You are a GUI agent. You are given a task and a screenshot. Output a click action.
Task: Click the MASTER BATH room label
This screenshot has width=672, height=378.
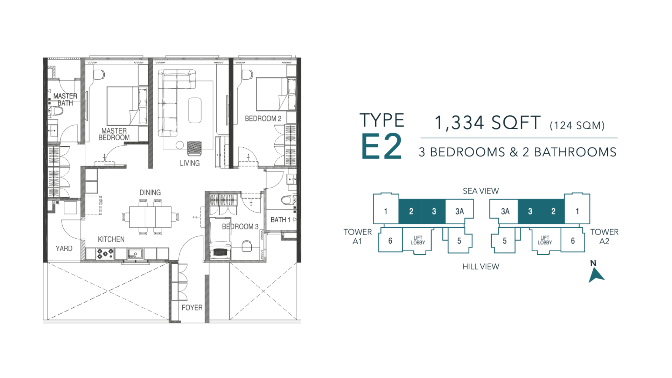click(65, 99)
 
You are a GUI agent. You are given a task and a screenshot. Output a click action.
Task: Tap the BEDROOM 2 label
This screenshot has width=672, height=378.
click(263, 119)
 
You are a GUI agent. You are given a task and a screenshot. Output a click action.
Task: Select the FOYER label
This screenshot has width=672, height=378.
click(192, 308)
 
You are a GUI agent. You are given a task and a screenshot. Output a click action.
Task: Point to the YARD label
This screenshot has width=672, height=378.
click(64, 248)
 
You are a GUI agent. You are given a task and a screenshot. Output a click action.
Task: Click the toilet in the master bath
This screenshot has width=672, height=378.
click(56, 111)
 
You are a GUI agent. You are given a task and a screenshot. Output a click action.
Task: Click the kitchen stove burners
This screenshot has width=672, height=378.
click(105, 254)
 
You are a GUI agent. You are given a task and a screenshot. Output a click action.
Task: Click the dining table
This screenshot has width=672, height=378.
click(150, 217)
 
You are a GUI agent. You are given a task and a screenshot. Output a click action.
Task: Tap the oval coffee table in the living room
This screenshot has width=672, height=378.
click(195, 110)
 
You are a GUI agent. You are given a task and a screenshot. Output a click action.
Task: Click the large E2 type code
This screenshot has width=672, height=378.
click(381, 147)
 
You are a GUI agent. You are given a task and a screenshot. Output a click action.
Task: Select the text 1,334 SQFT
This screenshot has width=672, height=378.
click(488, 123)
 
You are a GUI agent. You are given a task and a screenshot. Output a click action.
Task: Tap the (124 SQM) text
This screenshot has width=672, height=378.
click(577, 125)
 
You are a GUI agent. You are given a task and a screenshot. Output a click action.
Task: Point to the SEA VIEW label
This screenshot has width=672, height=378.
click(481, 191)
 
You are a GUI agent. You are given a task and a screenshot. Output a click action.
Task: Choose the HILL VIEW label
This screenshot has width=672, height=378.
click(481, 267)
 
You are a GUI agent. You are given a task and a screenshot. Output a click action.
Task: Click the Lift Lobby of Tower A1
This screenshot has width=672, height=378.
click(418, 240)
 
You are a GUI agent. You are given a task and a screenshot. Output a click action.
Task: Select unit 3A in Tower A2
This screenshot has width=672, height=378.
click(505, 211)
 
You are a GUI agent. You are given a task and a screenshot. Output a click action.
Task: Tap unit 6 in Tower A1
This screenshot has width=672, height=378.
click(390, 241)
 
